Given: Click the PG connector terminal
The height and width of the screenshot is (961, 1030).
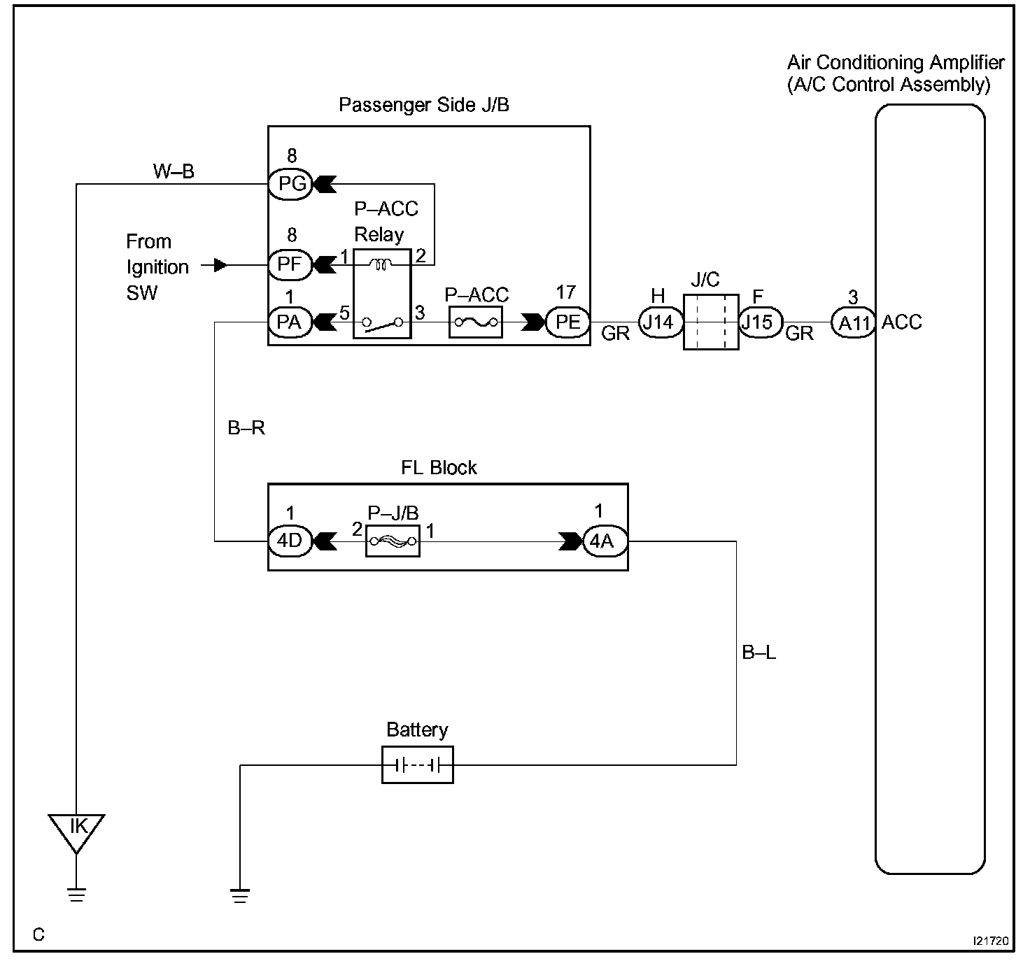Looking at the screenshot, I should (x=291, y=185).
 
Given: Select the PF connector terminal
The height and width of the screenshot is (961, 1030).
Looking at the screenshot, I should (x=290, y=265).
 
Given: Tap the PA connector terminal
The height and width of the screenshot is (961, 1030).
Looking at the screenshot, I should (x=290, y=322).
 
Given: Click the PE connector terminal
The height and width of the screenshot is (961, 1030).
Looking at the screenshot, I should (x=567, y=322).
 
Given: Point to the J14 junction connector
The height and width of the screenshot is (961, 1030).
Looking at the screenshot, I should (x=658, y=322).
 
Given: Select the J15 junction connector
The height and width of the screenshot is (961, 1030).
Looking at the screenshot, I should (x=759, y=322).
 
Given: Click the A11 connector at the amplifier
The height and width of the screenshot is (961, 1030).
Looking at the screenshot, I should (x=853, y=323).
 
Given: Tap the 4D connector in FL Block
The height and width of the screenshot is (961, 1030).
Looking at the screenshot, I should (x=290, y=541).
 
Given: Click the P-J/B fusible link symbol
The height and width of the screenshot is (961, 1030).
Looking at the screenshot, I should (x=393, y=541).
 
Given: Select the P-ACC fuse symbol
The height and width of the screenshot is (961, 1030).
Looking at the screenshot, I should (x=475, y=322).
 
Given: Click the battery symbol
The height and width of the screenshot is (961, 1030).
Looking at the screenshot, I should (x=418, y=765).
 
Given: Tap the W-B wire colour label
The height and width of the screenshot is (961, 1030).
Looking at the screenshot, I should (x=174, y=171).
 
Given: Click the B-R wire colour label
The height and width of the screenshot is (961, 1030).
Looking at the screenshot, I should (x=246, y=428).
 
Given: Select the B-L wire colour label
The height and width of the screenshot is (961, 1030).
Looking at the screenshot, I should (x=759, y=653).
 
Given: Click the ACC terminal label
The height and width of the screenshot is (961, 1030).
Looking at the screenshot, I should (x=902, y=322).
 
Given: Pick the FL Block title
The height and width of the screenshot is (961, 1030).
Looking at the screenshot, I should (x=439, y=468).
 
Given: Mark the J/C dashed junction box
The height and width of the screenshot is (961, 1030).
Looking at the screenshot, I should (x=711, y=322).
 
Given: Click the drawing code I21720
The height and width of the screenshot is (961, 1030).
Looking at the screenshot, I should (x=990, y=941).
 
